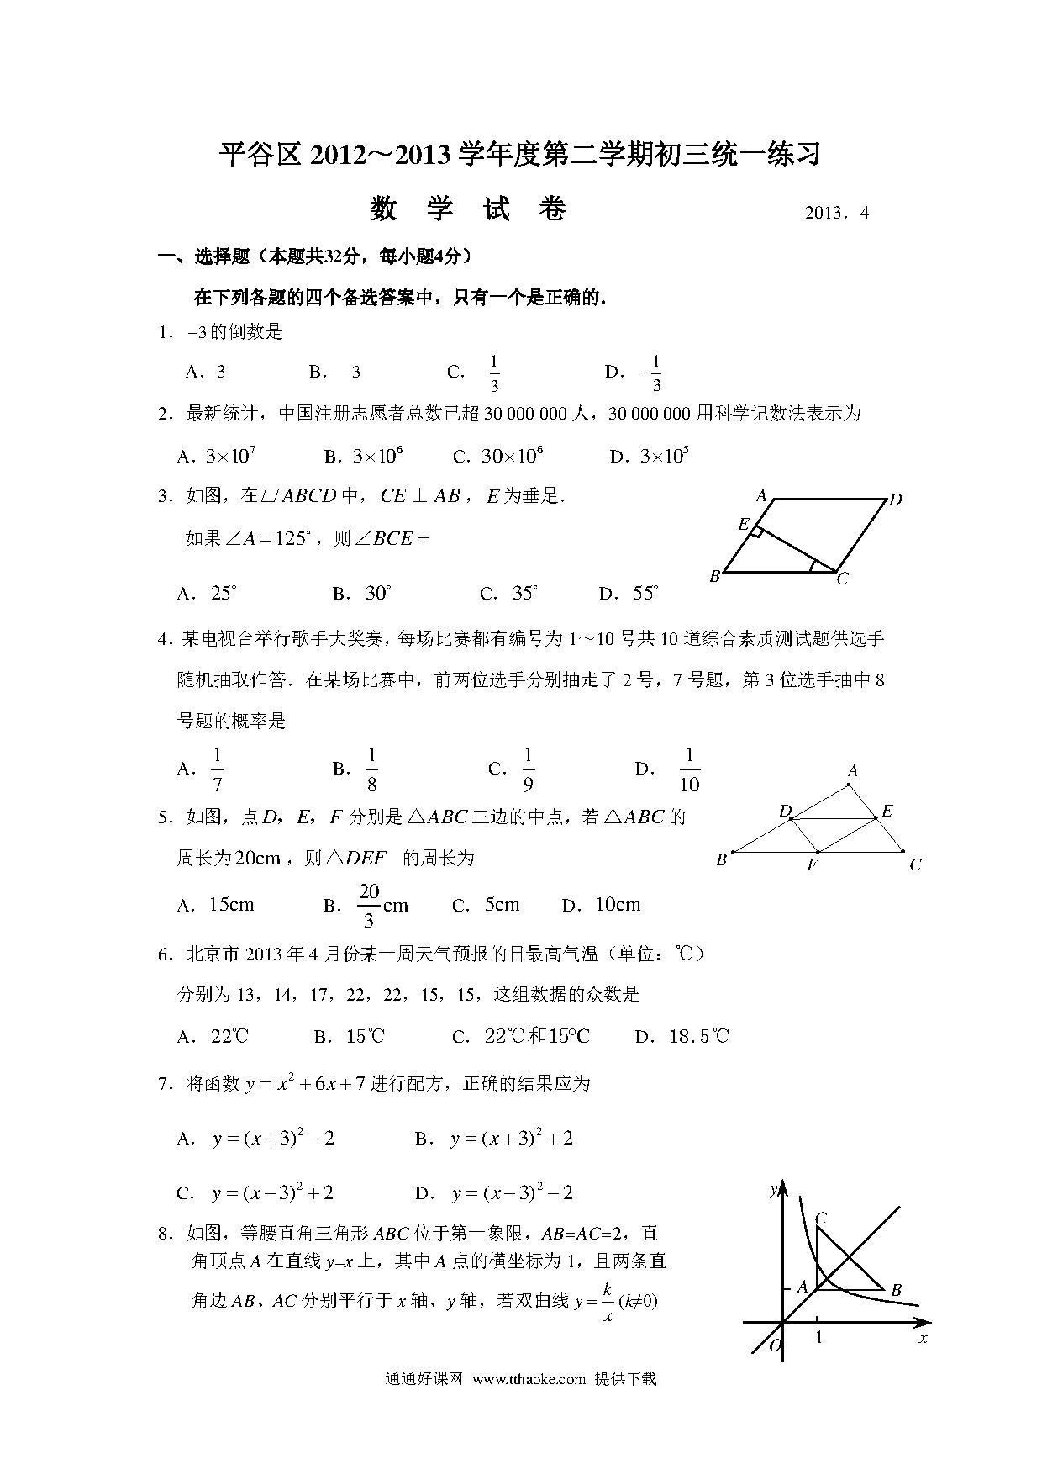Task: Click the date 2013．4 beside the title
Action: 836,213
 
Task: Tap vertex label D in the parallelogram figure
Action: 896,500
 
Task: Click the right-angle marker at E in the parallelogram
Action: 756,531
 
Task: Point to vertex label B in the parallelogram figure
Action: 714,577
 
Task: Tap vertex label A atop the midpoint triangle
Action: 852,770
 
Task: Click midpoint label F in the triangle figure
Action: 812,864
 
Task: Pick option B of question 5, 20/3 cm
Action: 382,905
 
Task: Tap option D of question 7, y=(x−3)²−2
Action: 512,1192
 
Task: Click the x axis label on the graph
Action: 924,1338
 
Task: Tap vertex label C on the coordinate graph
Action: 821,1219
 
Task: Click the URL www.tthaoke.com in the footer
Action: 529,1379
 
